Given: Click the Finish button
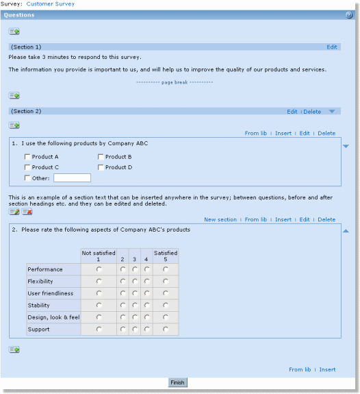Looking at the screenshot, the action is [177, 382].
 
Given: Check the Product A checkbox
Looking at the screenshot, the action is [27, 157].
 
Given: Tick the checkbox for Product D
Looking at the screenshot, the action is [101, 167].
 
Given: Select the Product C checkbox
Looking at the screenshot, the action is [27, 167].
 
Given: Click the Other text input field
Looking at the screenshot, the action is [72, 178].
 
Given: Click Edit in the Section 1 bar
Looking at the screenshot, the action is [332, 47].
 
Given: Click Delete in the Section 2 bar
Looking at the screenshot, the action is [312, 112].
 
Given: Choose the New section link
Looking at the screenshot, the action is [220, 220].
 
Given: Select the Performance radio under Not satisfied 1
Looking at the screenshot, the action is [99, 270].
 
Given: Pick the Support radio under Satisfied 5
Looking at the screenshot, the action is [166, 330].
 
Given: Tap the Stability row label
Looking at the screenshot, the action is [38, 306].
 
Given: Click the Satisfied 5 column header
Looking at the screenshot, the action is [166, 256].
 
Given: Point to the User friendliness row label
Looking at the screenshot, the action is [50, 293].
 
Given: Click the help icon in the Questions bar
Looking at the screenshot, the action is [349, 15].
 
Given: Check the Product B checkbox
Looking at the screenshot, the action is [101, 157].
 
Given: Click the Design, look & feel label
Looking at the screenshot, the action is [53, 317].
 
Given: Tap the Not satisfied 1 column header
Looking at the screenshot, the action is [99, 256].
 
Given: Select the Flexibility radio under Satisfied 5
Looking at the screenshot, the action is [166, 282].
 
